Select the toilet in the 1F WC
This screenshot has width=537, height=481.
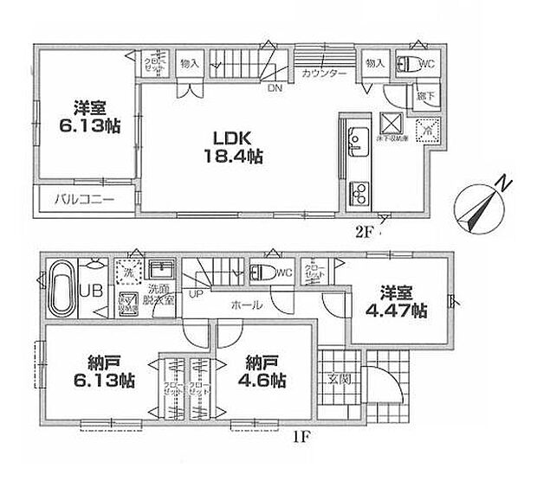(260, 272)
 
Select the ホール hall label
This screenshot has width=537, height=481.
(248, 305)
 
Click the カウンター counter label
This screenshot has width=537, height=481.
(325, 74)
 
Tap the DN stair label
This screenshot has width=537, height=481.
(274, 87)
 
